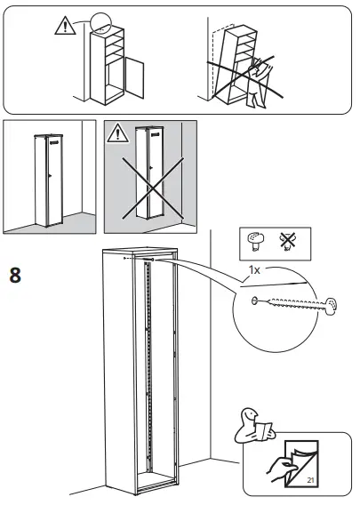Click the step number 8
[x=15, y=275]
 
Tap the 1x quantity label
[x=254, y=270]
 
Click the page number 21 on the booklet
[x=310, y=480]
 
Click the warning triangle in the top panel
[x=65, y=26]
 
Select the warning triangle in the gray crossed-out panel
[x=118, y=133]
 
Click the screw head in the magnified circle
[x=331, y=306]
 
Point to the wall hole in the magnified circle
[x=254, y=301]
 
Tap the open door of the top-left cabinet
[x=134, y=77]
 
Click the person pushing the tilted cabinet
[x=258, y=83]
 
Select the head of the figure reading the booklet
[x=249, y=415]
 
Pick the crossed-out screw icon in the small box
[x=287, y=241]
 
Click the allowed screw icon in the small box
[x=256, y=242]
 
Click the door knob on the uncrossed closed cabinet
[x=49, y=175]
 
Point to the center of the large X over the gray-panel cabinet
[x=152, y=189]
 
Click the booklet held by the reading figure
[x=264, y=431]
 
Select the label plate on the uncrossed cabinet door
[x=55, y=141]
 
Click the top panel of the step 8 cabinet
[x=140, y=250]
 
